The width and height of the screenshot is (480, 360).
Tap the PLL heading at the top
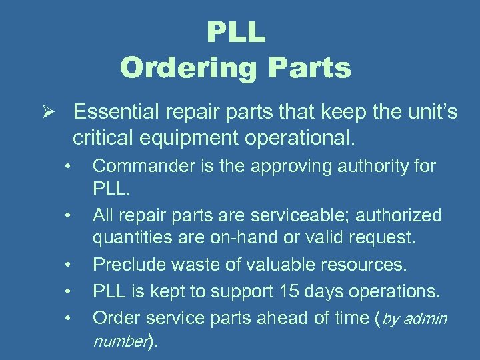coord(236,32)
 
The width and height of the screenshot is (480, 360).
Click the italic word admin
coord(425,318)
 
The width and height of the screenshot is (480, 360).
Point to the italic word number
coord(119,342)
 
